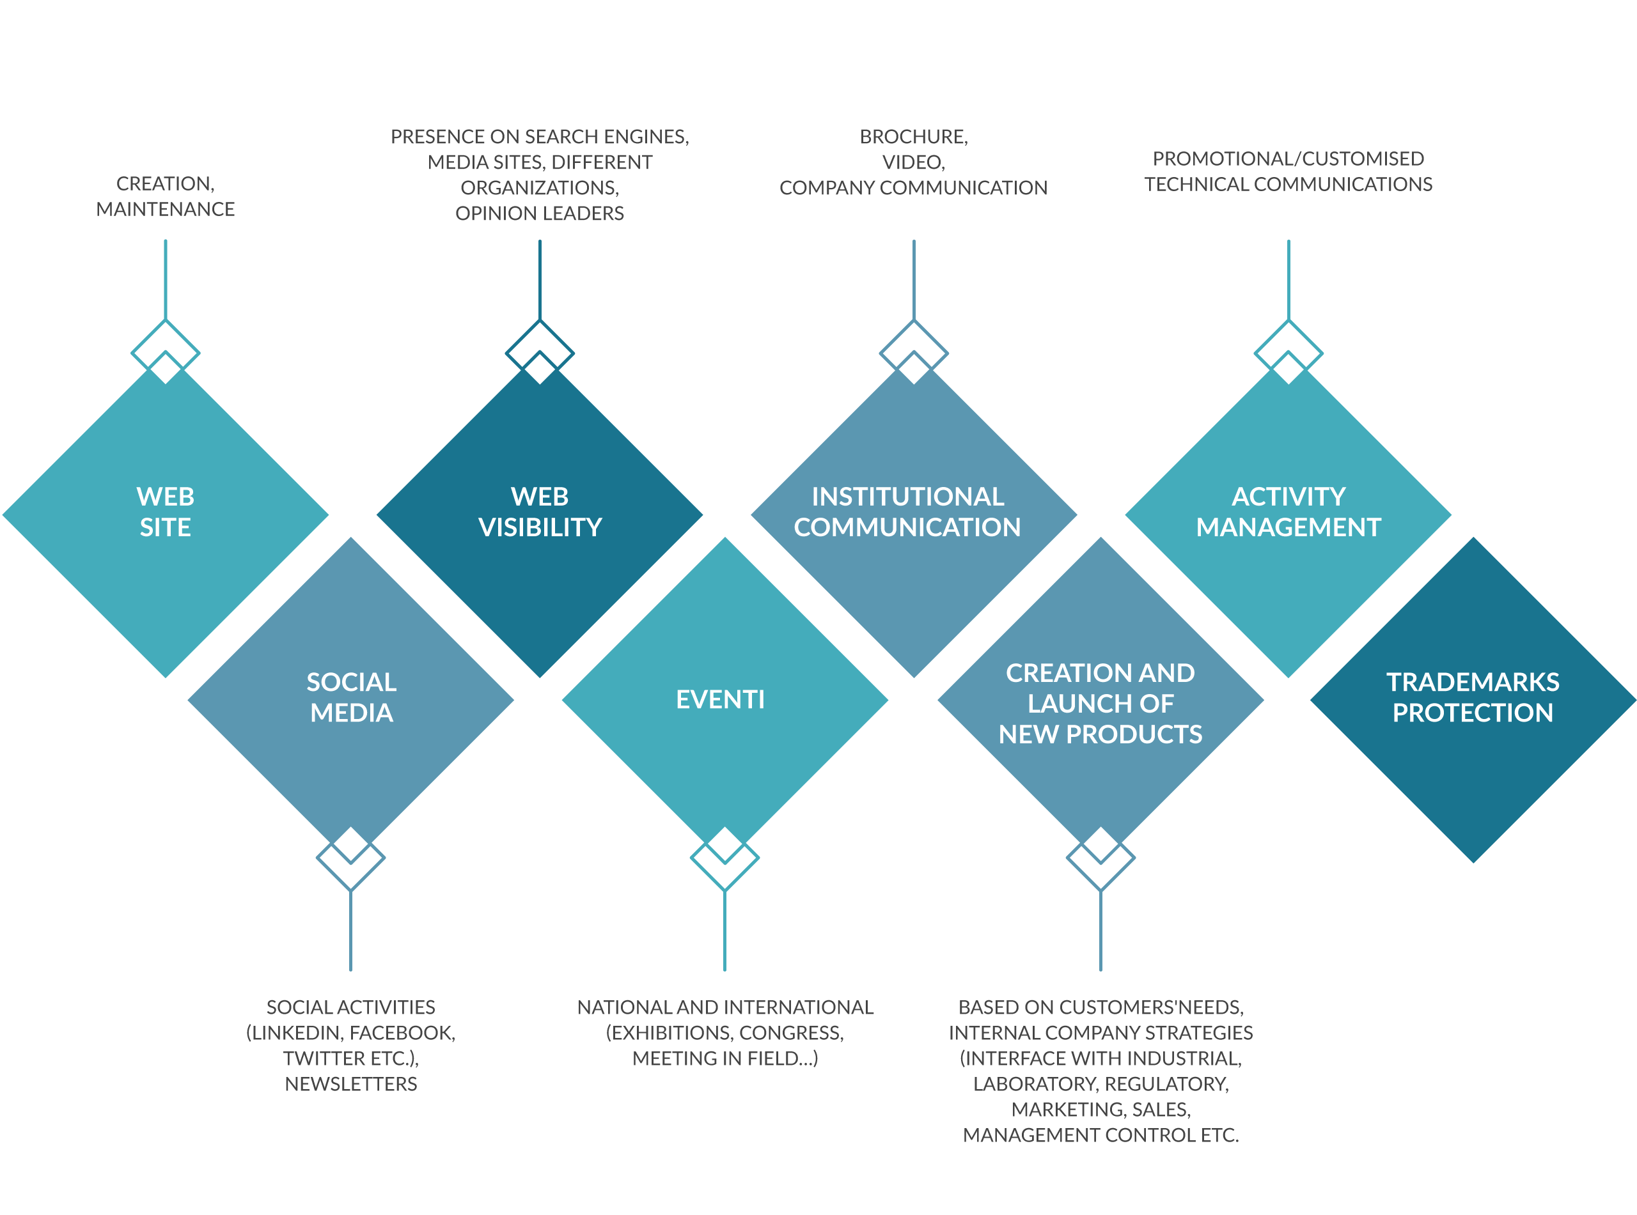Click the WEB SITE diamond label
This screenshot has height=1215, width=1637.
(x=166, y=512)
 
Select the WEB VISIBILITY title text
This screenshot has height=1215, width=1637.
(x=540, y=512)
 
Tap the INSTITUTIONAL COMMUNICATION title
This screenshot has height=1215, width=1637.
(x=907, y=512)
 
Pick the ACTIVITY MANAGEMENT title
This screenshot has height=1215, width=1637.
(x=1288, y=512)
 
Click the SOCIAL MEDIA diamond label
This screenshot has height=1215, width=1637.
(x=352, y=697)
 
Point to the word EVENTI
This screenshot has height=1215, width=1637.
(x=720, y=699)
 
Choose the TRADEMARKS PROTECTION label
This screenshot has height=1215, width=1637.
(x=1473, y=697)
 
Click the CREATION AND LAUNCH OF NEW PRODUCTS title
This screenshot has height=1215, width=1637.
(x=1100, y=704)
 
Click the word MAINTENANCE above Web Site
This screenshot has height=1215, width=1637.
(x=166, y=210)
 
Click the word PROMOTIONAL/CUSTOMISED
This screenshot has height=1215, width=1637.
(x=1288, y=159)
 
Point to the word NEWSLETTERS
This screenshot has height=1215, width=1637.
(x=351, y=1084)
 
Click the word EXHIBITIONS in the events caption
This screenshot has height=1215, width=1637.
(x=670, y=1033)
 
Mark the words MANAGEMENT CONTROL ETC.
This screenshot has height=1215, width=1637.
(x=1100, y=1136)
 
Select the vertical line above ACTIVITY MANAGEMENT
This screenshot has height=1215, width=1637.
(x=1288, y=279)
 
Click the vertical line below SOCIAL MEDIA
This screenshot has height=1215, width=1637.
(x=351, y=931)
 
